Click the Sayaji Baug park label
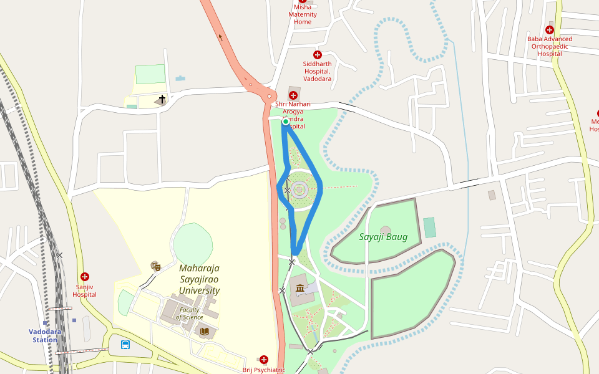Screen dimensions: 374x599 (383, 237)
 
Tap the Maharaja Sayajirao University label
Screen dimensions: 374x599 (199, 279)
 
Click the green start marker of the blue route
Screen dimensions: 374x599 (285, 122)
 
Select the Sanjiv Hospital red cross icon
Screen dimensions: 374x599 (85, 277)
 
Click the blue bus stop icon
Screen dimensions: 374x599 (125, 344)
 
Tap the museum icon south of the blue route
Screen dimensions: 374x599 (301, 288)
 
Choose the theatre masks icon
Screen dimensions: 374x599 (156, 266)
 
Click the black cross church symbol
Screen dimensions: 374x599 (162, 99)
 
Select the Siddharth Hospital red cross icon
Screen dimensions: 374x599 (318, 55)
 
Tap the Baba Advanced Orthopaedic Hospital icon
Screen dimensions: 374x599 (550, 30)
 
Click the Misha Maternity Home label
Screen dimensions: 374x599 (303, 14)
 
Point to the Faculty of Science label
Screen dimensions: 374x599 (190, 314)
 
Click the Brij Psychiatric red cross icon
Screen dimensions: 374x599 (264, 360)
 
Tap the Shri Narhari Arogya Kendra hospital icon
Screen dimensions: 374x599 (293, 95)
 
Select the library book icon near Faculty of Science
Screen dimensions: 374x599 (204, 331)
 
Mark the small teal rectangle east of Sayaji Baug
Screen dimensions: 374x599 (429, 228)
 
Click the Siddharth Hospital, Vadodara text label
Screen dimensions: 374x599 (317, 71)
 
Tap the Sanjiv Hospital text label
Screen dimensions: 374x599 (84, 290)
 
